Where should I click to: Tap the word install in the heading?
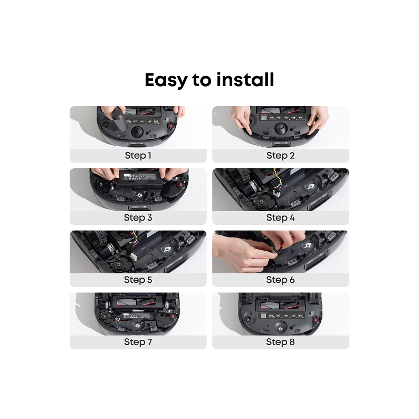245,79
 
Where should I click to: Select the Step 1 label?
138,156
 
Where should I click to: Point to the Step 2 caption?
280,156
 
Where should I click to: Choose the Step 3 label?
138,218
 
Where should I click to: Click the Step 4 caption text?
280,218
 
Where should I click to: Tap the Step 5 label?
138,280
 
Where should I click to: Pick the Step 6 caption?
280,280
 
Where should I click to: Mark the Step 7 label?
138,342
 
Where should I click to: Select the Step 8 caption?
280,342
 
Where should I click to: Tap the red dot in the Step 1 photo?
171,125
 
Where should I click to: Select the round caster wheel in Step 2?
280,129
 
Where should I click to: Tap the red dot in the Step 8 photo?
316,320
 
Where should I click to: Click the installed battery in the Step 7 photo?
136,316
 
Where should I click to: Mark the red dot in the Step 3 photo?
181,185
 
